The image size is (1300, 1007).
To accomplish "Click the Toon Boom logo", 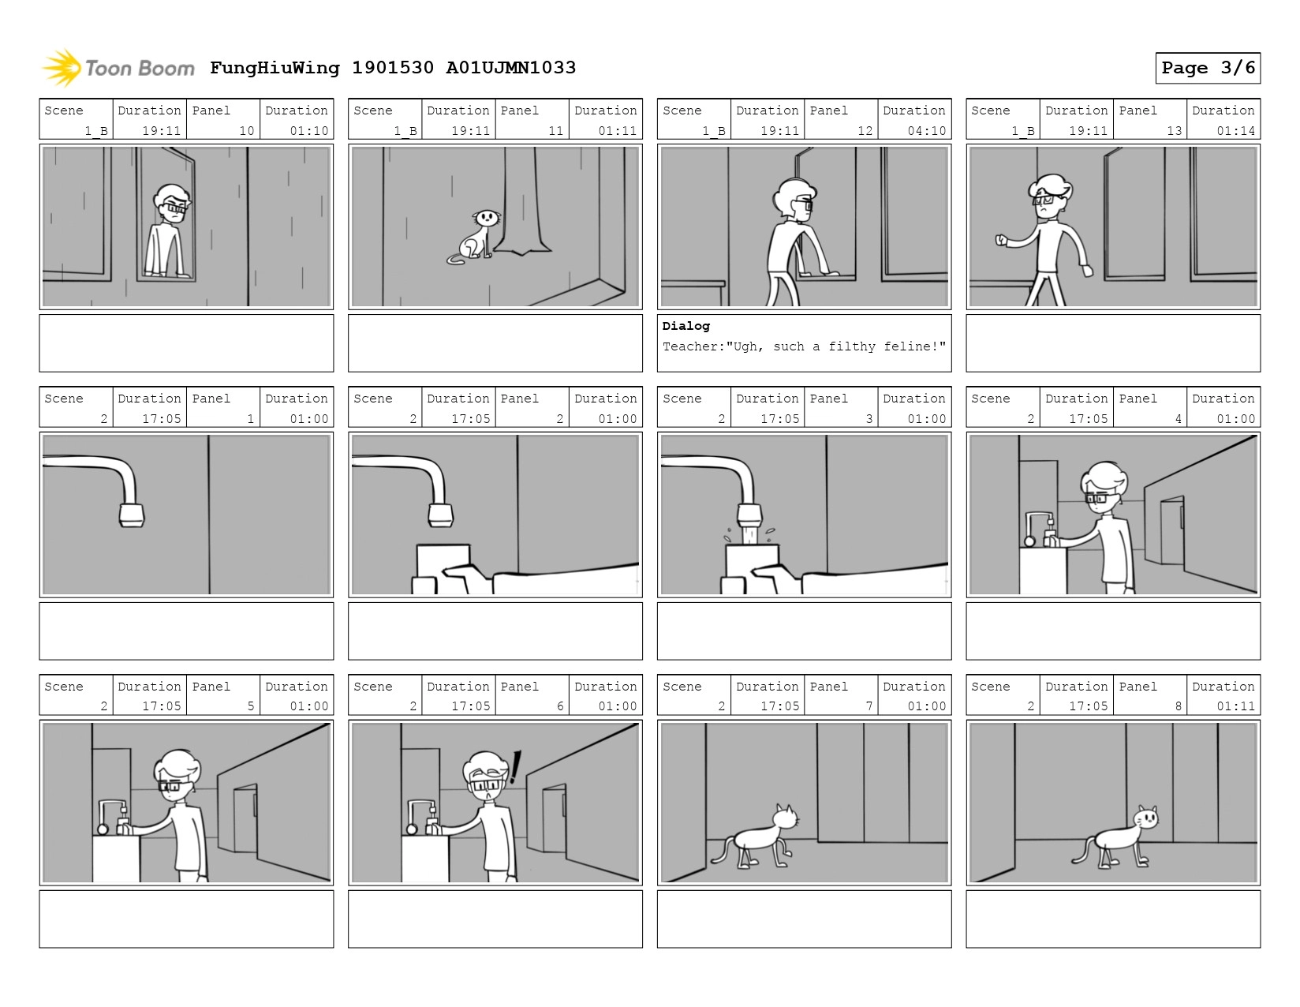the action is (118, 68).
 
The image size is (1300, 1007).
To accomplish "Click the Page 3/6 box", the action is (1207, 68).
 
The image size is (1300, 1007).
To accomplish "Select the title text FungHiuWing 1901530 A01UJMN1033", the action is (393, 68).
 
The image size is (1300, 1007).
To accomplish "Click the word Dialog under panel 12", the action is (685, 326).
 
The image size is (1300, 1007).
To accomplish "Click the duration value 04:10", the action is (926, 130).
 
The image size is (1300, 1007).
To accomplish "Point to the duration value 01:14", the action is (1235, 130).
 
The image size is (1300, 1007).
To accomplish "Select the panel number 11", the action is (556, 130).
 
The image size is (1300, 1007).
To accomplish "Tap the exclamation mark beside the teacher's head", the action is (514, 767).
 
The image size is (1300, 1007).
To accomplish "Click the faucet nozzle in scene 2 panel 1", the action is (132, 515).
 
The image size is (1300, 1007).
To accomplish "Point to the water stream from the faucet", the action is (750, 534).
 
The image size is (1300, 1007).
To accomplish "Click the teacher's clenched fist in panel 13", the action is (1002, 241).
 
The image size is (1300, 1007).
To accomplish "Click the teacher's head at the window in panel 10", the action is (173, 204).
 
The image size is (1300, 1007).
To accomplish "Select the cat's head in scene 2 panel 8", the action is (1145, 818).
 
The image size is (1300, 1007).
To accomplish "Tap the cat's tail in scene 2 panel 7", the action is (722, 850).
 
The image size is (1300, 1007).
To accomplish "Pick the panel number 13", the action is (1174, 130).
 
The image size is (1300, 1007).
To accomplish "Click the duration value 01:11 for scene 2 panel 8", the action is (1235, 706).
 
